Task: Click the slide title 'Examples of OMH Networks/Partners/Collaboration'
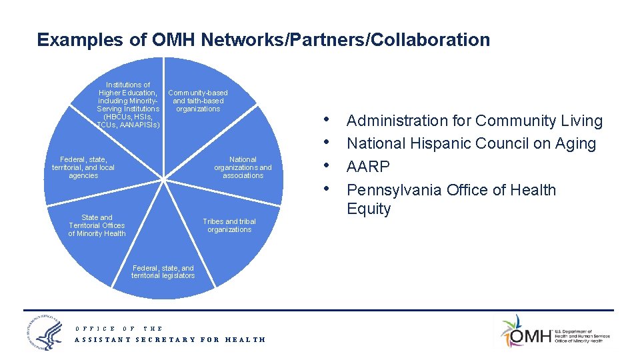click(x=263, y=40)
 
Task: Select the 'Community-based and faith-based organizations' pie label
click(x=198, y=101)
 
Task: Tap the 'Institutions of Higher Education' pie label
click(x=128, y=105)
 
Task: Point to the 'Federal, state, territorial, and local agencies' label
click(x=83, y=167)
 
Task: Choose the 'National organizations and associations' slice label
click(x=243, y=167)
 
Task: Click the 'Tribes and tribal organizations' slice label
click(x=229, y=225)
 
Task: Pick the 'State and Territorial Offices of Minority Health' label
click(x=97, y=225)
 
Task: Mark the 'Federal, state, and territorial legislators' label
click(x=163, y=272)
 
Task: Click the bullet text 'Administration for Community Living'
click(x=474, y=121)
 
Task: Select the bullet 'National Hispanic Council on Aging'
click(x=471, y=143)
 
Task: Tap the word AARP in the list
click(x=368, y=166)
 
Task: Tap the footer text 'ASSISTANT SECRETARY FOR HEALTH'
click(x=170, y=340)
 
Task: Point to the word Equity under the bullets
click(x=369, y=209)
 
